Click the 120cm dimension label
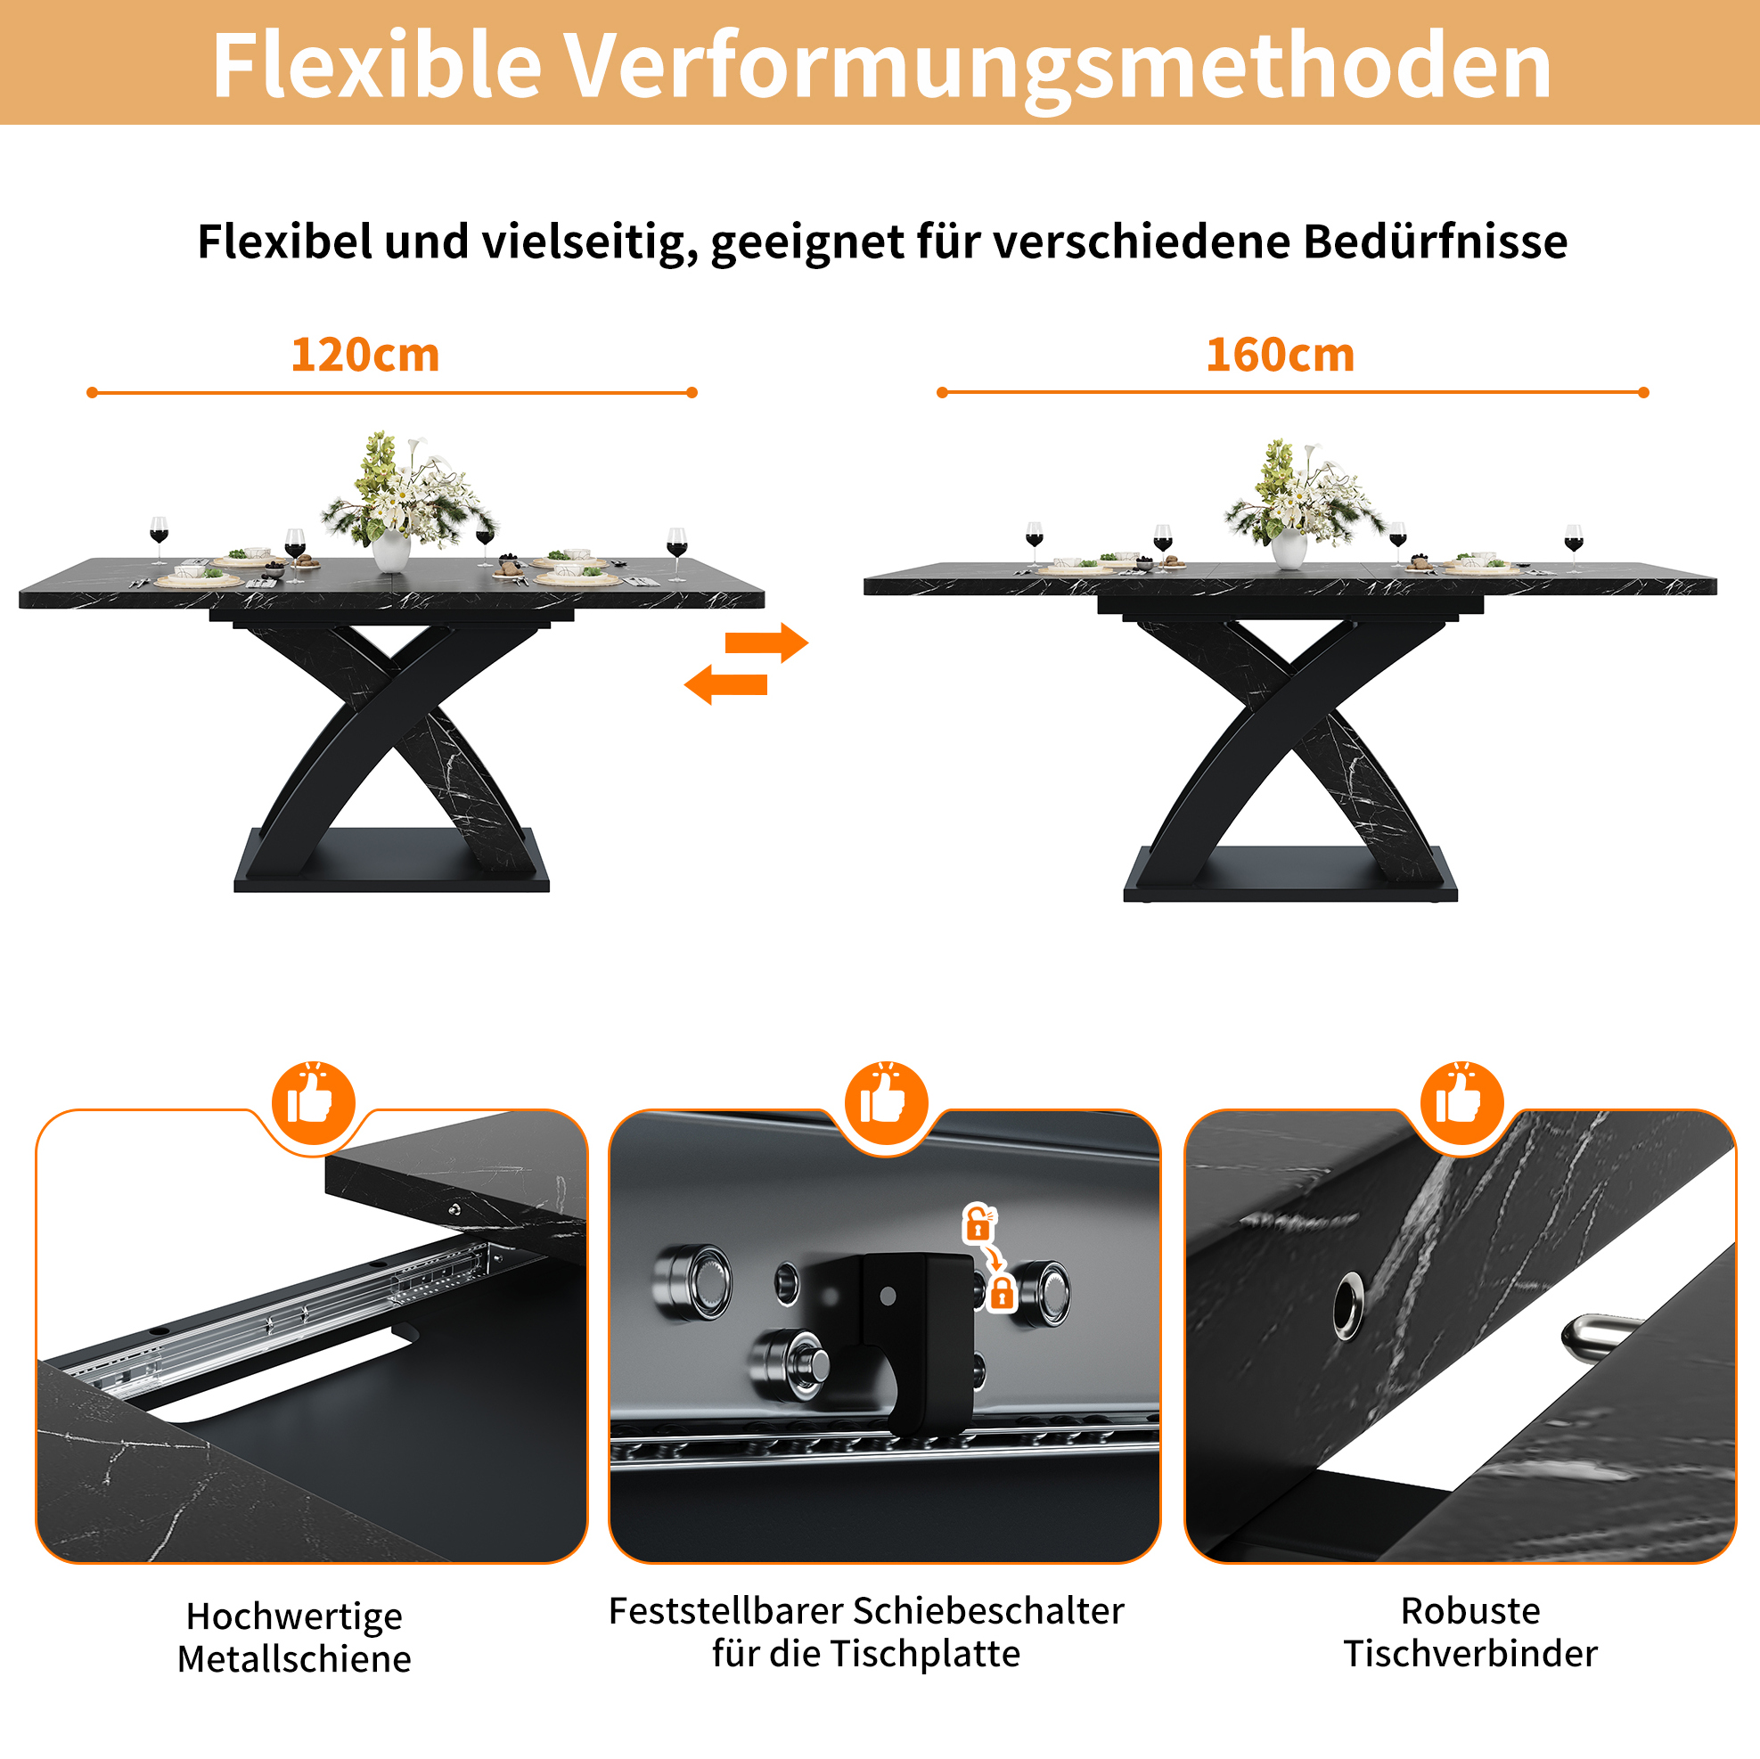pyautogui.click(x=365, y=355)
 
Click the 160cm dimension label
pyautogui.click(x=1280, y=355)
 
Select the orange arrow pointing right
pyautogui.click(x=766, y=643)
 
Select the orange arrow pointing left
pyautogui.click(x=726, y=684)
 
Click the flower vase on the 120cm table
pyautogui.click(x=392, y=549)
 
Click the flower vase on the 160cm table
pyautogui.click(x=1289, y=547)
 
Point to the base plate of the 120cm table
pyautogui.click(x=392, y=862)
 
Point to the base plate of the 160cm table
pyautogui.click(x=1290, y=874)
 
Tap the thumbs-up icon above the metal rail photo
pyautogui.click(x=314, y=1103)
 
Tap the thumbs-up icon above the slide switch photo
pyautogui.click(x=887, y=1103)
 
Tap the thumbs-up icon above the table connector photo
pyautogui.click(x=1462, y=1103)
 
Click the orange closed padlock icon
pyautogui.click(x=1002, y=1292)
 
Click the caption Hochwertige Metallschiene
pyautogui.click(x=294, y=1637)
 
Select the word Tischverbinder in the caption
pyautogui.click(x=1470, y=1653)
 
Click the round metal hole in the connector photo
pyautogui.click(x=1348, y=1306)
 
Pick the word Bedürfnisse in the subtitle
pyautogui.click(x=1435, y=242)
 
